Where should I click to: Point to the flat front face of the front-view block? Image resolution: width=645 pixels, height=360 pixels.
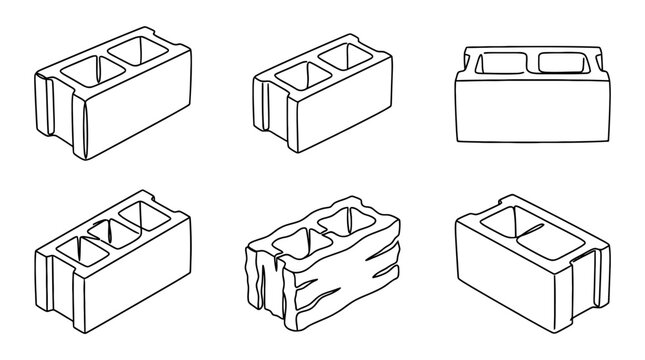(530, 113)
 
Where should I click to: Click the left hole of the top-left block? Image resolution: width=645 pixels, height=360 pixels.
(84, 72)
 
